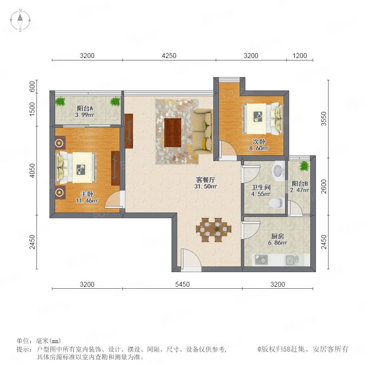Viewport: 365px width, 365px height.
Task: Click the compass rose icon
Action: click(x=20, y=20)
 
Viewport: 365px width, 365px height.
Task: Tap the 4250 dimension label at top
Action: click(x=169, y=56)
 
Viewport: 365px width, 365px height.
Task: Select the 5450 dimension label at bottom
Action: click(x=182, y=284)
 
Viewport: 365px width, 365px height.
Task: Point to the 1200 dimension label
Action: click(x=300, y=56)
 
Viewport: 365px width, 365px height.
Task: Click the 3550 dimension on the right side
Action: click(x=324, y=119)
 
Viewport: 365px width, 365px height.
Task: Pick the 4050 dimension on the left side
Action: click(x=32, y=171)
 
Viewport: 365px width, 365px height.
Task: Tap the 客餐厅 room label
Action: click(x=206, y=180)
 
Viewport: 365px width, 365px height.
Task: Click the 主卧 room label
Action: click(x=87, y=194)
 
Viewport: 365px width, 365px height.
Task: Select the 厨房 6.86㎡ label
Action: click(x=277, y=239)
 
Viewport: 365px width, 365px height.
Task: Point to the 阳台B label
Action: click(x=300, y=184)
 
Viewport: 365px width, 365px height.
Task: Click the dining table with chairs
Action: click(x=214, y=230)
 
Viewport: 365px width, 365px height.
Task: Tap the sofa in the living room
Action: click(x=202, y=132)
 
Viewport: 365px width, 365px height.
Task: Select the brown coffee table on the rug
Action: click(x=172, y=133)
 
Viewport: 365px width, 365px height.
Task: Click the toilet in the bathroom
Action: click(x=277, y=202)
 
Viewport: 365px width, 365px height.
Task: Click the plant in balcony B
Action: click(x=304, y=166)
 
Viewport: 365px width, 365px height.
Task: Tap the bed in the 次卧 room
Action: click(x=262, y=119)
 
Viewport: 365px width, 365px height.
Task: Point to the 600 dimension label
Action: click(x=32, y=86)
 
